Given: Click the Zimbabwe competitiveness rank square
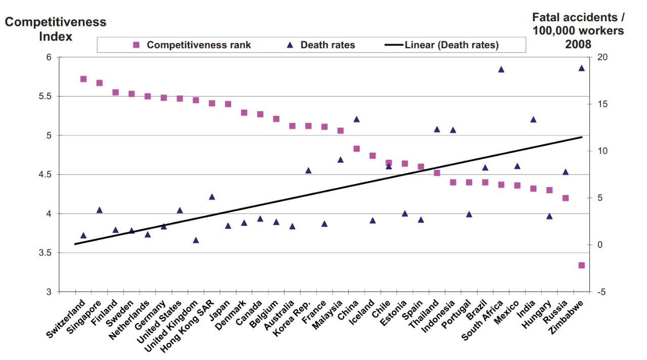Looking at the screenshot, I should [x=581, y=265].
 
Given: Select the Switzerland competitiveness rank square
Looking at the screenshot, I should [x=83, y=79].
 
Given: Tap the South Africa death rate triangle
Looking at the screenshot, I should [x=501, y=69].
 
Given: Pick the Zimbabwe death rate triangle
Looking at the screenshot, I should [x=581, y=68].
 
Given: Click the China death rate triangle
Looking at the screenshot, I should [x=356, y=119].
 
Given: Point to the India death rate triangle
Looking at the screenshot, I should [x=533, y=119].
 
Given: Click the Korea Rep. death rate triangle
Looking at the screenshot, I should [x=308, y=170].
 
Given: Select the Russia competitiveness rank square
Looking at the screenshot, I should [x=565, y=198].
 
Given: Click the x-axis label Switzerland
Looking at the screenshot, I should [x=66, y=320].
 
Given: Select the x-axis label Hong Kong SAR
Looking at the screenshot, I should [x=190, y=324].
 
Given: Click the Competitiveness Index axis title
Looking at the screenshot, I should [x=56, y=29].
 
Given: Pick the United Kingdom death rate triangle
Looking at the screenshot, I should [x=196, y=240].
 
